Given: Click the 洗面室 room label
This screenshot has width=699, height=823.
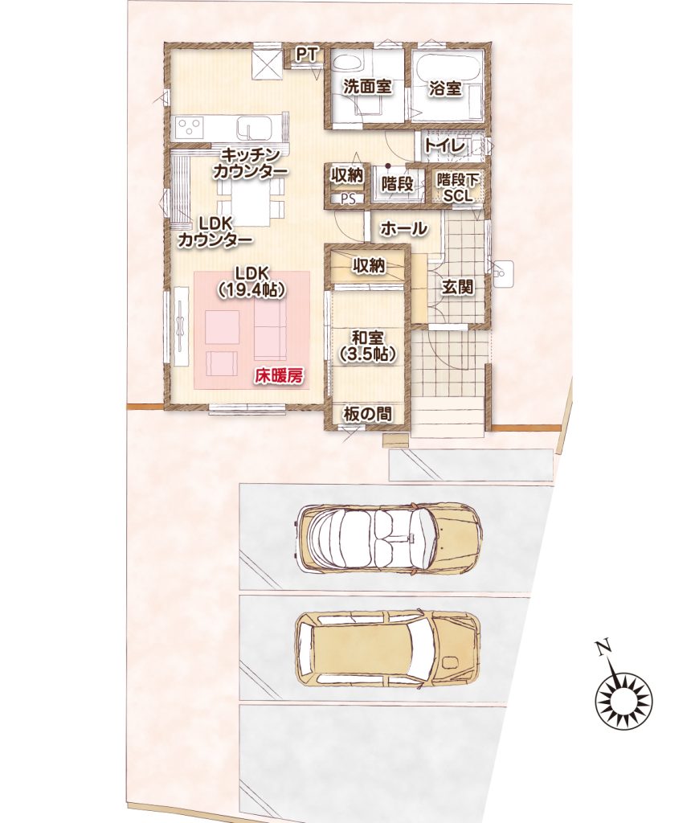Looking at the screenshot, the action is tap(367, 87).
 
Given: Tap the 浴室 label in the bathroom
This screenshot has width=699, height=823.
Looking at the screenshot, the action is tap(445, 88).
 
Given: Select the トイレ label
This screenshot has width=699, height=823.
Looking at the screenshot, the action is tap(445, 145).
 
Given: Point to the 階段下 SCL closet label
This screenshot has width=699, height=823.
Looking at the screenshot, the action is tap(458, 188).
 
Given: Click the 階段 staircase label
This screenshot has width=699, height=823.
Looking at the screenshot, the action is tap(397, 184).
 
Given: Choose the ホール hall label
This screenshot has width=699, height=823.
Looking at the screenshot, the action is tap(403, 228).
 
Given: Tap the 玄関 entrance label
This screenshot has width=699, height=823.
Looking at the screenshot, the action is tap(457, 287).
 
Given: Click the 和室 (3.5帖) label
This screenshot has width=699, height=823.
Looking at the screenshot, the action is tap(367, 346).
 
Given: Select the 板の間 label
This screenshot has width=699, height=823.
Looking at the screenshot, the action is tap(367, 414).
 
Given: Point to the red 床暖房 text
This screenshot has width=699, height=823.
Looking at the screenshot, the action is tap(280, 376).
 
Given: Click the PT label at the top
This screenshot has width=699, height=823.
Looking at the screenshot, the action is tap(308, 55).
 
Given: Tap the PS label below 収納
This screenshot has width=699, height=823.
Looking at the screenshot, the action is tap(348, 199).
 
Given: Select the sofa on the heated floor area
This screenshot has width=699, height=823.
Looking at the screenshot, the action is tap(270, 330).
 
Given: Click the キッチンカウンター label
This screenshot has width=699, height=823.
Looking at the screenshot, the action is tap(250, 163).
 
